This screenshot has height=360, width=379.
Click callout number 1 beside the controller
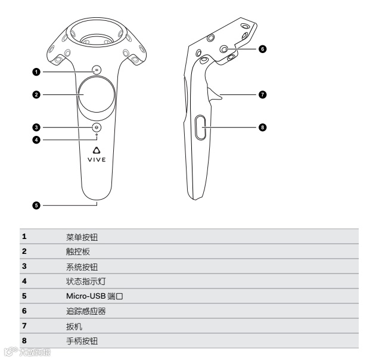pyautogui.click(x=36, y=72)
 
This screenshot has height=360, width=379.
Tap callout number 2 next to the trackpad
pyautogui.click(x=36, y=95)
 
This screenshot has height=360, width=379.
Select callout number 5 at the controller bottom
pyautogui.click(x=36, y=205)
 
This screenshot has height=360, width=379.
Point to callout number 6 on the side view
pyautogui.click(x=263, y=49)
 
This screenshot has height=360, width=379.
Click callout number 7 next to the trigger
pyautogui.click(x=263, y=94)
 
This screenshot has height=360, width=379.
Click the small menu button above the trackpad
pyautogui.click(x=97, y=69)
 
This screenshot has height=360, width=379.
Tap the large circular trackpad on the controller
pyautogui.click(x=97, y=95)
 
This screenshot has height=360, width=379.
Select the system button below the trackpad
pyautogui.click(x=97, y=127)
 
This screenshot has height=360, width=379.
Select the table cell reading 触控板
pyautogui.click(x=78, y=252)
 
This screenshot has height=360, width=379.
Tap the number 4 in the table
pyautogui.click(x=24, y=281)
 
